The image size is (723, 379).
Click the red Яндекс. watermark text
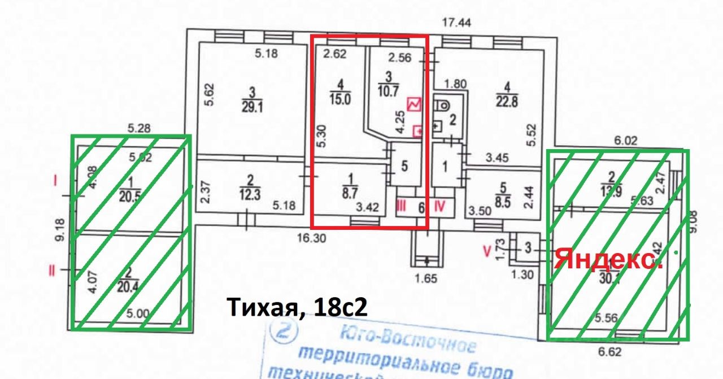click(608, 260)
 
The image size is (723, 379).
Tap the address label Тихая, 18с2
click(297, 307)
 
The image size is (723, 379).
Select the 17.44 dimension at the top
click(457, 23)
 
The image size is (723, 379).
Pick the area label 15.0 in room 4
click(340, 100)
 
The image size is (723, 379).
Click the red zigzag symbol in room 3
click(414, 104)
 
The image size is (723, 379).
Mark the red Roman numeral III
click(400, 207)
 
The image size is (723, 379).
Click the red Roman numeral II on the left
click(52, 271)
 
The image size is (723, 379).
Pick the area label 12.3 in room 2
click(250, 195)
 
